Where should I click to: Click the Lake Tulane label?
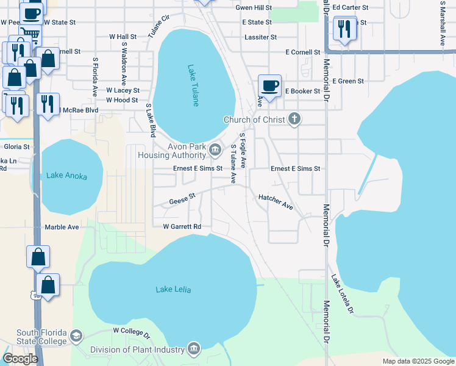[x=193, y=85]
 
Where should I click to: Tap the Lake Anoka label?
[x=66, y=176]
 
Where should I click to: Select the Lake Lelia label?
[x=173, y=289]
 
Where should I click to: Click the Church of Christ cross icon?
[x=294, y=119]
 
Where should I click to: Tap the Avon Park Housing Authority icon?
[x=215, y=149]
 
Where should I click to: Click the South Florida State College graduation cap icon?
[x=76, y=336]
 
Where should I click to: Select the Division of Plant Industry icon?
[x=194, y=349]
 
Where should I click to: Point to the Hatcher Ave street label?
[x=276, y=202]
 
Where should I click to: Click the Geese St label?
[x=182, y=199]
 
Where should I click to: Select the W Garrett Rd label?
[x=182, y=226]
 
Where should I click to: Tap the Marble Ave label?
[x=62, y=227]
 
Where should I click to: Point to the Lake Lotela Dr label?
[x=342, y=294]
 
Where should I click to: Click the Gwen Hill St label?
[x=254, y=8]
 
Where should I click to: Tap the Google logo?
[x=20, y=359]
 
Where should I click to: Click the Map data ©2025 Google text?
[x=418, y=361]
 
